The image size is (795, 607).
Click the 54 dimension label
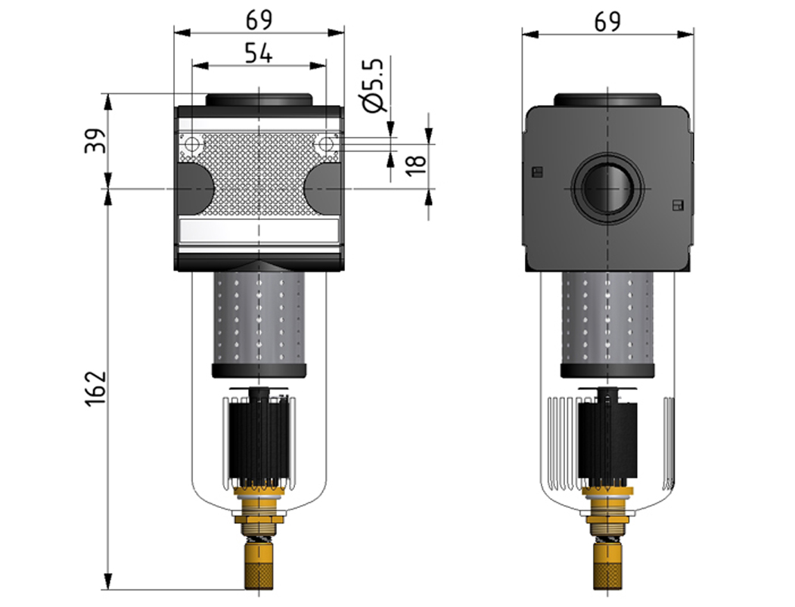[259, 54]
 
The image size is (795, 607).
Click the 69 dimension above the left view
[259, 20]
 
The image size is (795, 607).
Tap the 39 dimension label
[94, 141]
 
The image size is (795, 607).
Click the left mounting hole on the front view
[191, 144]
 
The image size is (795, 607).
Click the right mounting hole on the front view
[326, 144]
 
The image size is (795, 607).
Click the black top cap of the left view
[259, 100]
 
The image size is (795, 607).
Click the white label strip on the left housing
[259, 231]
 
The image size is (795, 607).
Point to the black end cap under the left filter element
[259, 370]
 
